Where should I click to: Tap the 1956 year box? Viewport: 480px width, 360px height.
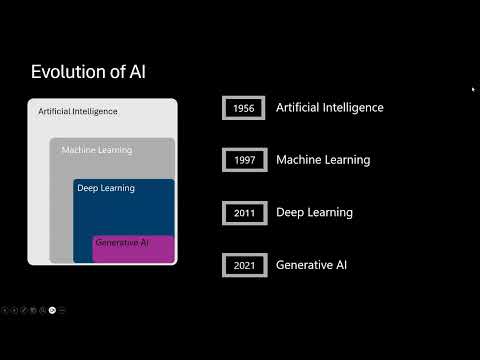click(x=243, y=108)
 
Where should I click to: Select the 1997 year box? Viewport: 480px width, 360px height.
click(x=243, y=160)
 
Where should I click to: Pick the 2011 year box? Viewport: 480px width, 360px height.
click(x=243, y=213)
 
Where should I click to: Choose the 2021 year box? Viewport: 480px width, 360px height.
click(x=243, y=265)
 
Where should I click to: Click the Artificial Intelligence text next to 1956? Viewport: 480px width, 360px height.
click(x=329, y=108)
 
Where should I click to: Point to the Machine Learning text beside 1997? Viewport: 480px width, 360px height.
click(x=322, y=160)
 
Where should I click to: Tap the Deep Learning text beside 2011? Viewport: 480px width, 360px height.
click(x=314, y=212)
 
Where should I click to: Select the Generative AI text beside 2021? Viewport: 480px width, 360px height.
click(x=311, y=265)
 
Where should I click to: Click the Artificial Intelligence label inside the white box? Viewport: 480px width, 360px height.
click(x=76, y=111)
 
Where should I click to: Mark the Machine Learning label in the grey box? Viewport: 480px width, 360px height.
click(x=96, y=150)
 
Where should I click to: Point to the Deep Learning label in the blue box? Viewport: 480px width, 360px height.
click(x=106, y=188)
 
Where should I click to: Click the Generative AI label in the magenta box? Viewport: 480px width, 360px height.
click(x=121, y=243)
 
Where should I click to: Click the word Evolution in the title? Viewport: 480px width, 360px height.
click(x=68, y=71)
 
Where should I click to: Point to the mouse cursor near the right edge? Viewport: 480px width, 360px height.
click(x=472, y=89)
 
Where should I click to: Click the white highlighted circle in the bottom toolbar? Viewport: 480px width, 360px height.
click(x=52, y=310)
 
